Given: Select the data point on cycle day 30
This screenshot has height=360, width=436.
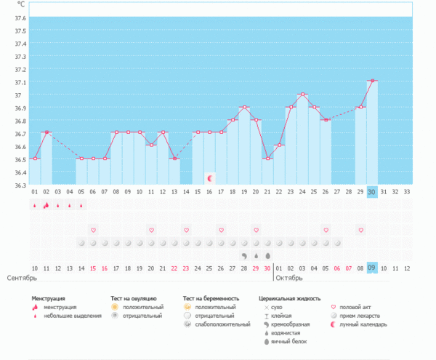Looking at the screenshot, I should (x=372, y=81).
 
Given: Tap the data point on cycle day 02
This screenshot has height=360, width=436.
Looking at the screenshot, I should (x=47, y=132).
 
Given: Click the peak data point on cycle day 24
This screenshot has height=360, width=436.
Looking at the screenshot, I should (x=302, y=94).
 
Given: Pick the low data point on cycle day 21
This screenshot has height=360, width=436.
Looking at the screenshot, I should (x=267, y=159).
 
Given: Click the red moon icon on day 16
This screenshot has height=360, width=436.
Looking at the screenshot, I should (x=210, y=178).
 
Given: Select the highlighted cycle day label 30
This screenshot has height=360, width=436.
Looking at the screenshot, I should (x=372, y=192).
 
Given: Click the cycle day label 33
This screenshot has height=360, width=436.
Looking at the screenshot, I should (x=407, y=192).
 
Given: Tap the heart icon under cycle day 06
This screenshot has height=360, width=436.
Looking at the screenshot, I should (x=93, y=230).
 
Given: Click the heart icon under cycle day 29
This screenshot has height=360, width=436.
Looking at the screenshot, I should (x=360, y=230).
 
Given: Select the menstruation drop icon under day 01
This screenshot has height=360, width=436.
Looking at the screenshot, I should (x=34, y=206).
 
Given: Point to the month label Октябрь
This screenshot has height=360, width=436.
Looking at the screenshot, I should (x=289, y=279).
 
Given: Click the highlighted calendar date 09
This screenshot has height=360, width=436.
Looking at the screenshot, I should (x=372, y=268).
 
